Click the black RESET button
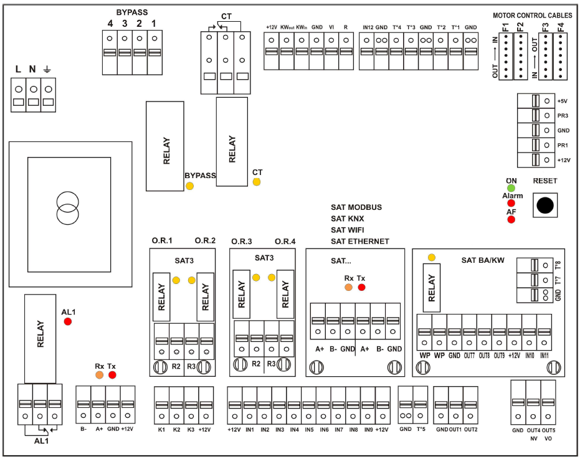tap(544, 206)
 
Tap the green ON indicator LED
tap(511, 188)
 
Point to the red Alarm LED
tap(511, 203)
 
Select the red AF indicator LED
tap(511, 219)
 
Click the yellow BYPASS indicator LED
tap(189, 186)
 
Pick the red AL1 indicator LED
tap(67, 321)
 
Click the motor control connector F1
tap(505, 56)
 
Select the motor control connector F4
tap(561, 56)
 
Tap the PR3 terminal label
tap(562, 116)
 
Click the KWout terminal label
tap(287, 27)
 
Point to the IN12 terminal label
tap(368, 27)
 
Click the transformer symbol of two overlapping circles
tap(68, 208)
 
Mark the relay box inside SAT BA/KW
tap(431, 288)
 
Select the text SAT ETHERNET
tap(360, 241)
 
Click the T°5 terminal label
tap(421, 429)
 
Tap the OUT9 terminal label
tap(499, 356)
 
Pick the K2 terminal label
tap(176, 430)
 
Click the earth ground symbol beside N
tap(47, 69)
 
